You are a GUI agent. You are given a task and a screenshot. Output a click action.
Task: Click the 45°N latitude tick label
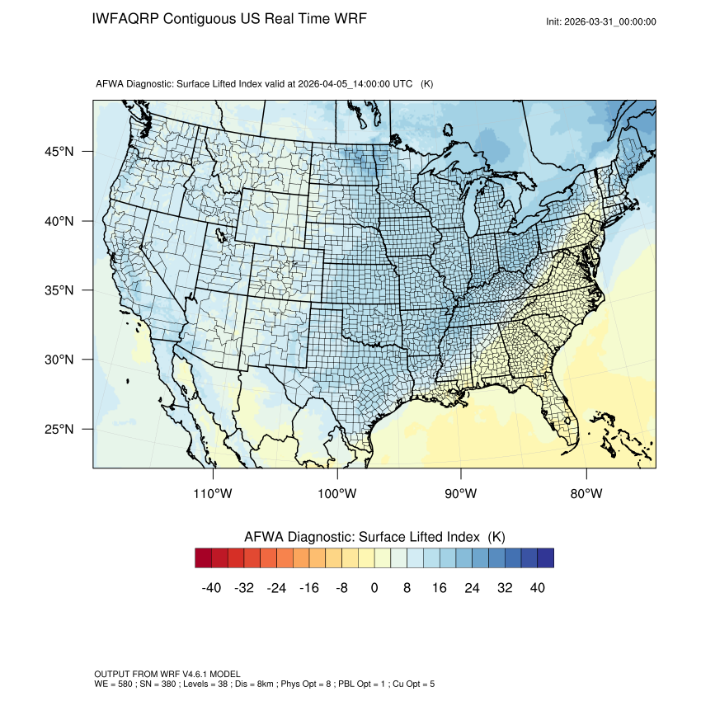point(59,152)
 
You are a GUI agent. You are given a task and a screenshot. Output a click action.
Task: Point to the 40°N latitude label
point(59,221)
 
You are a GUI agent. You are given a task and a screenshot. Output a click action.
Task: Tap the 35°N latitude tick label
point(59,290)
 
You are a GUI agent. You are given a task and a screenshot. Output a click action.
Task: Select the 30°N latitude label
point(59,360)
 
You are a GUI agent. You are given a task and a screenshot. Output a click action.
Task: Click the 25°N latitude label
point(59,429)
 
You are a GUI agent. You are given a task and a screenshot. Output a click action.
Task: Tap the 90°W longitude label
point(461,494)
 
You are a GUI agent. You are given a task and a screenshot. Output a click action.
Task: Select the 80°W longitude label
point(586,494)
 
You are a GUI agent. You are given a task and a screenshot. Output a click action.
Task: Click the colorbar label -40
point(211,587)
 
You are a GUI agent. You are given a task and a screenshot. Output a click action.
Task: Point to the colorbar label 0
point(374,587)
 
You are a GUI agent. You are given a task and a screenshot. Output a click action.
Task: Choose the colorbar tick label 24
point(473,587)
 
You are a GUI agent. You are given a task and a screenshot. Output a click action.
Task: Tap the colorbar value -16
point(309,587)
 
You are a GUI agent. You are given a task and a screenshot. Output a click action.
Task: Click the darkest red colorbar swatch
point(204,558)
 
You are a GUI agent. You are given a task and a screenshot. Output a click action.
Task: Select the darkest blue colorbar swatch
point(545,558)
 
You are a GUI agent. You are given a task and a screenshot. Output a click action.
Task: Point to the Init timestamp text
point(601,21)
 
